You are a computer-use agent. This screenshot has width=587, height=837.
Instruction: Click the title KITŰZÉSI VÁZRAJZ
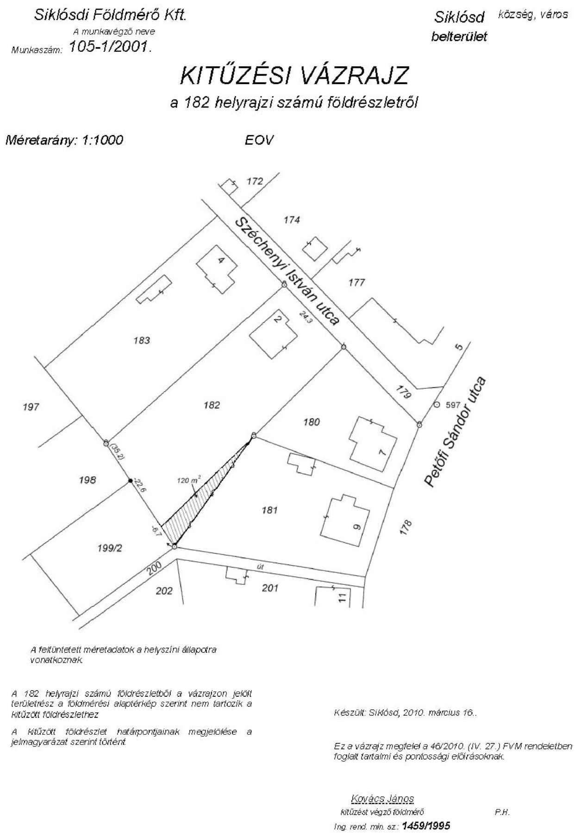[294, 76]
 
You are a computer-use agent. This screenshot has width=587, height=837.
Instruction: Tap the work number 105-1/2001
[110, 47]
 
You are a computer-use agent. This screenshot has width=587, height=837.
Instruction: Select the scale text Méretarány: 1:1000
[64, 140]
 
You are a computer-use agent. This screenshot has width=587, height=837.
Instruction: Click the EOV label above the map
[259, 140]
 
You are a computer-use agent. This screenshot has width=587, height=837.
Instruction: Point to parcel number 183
[142, 341]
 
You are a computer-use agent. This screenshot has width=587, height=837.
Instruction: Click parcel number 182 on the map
[212, 405]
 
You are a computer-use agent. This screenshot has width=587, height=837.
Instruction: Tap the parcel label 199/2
[110, 548]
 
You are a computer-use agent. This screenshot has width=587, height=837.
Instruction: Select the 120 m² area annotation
[189, 480]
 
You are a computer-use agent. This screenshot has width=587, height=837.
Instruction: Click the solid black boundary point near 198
[130, 481]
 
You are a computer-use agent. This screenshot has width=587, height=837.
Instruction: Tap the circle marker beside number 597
[436, 405]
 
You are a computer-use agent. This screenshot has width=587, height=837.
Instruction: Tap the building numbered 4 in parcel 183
[217, 268]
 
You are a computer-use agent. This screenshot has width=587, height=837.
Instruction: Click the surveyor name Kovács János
[382, 798]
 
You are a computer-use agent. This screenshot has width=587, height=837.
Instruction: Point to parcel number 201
[270, 588]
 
